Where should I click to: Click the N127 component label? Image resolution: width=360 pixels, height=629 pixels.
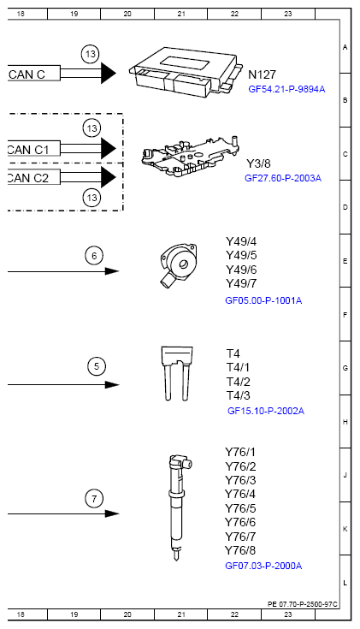262,75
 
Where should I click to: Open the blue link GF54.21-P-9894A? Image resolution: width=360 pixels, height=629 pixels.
286,88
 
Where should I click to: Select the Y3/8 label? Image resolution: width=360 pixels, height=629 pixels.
259,163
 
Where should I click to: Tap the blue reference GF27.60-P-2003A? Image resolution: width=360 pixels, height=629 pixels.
282,178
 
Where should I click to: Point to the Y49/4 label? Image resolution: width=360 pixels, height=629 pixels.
241,241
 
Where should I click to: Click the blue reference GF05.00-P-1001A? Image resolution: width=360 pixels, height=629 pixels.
263,300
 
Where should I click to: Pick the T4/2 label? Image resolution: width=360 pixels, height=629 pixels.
238,381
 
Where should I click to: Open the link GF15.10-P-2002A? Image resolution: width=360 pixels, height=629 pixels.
265,411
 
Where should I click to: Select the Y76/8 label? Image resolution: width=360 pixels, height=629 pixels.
240,549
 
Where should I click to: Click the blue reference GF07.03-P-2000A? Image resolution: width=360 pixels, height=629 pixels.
263,566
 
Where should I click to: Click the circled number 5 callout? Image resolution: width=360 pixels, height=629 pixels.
97,367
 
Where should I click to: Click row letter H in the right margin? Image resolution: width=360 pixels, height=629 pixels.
345,422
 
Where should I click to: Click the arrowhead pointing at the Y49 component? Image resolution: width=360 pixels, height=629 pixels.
112,271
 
